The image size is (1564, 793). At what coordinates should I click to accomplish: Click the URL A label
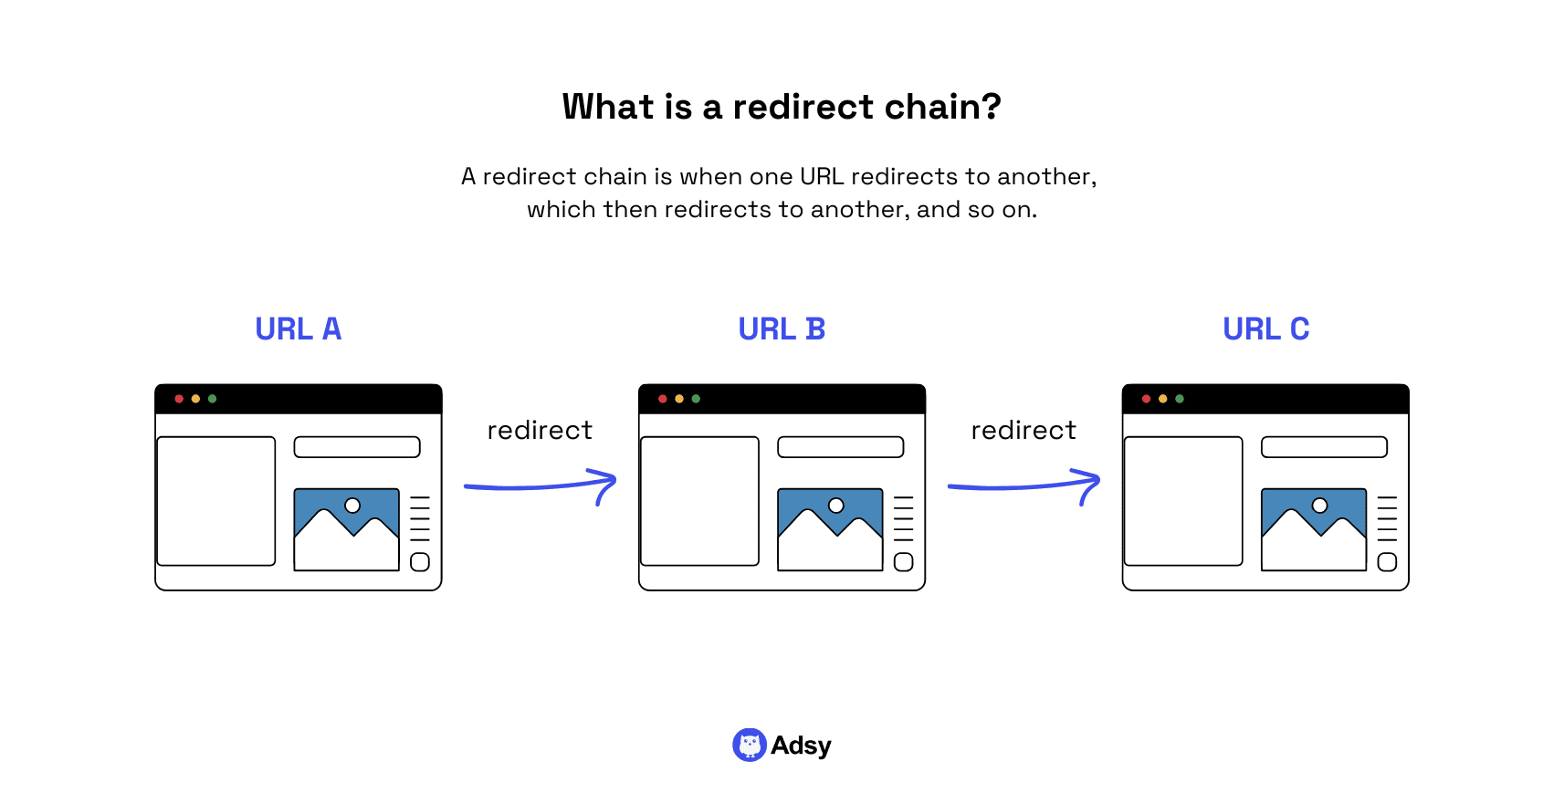(x=298, y=329)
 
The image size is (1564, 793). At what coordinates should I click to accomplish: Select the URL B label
(x=782, y=329)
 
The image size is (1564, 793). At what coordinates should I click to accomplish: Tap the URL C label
(x=1265, y=329)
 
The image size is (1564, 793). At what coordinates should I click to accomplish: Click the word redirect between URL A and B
(x=540, y=430)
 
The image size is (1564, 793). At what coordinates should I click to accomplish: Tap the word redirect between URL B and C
(x=1023, y=430)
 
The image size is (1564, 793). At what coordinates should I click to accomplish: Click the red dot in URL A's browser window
(x=179, y=399)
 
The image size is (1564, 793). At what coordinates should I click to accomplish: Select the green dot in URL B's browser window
(x=696, y=399)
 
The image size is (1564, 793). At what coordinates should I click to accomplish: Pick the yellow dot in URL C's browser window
(x=1162, y=399)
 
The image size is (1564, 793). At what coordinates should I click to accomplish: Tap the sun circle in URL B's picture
(x=835, y=506)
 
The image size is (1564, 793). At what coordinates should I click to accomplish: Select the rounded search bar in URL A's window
(x=357, y=447)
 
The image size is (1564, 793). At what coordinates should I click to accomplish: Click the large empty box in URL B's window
(x=699, y=501)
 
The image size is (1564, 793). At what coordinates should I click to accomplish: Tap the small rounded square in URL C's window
(x=1387, y=562)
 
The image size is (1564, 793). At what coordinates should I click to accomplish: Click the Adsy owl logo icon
(x=749, y=745)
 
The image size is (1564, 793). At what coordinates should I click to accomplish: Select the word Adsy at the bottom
(x=801, y=746)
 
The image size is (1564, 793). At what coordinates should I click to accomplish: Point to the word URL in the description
(x=822, y=176)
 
